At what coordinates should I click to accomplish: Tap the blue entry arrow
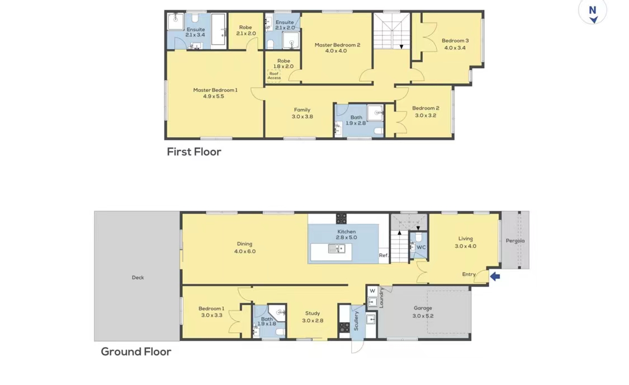(495, 276)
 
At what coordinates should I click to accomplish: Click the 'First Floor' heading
(194, 152)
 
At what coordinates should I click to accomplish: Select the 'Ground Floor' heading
(136, 351)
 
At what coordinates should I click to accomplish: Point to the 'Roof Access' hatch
(274, 76)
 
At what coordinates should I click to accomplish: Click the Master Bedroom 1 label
(215, 90)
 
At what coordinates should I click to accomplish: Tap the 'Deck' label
(138, 278)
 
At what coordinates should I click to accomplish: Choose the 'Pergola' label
(515, 241)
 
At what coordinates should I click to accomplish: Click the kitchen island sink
(337, 250)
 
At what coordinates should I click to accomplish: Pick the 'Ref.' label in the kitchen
(384, 255)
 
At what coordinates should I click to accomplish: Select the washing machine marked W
(372, 291)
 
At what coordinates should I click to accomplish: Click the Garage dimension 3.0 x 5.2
(423, 316)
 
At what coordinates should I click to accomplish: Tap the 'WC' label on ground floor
(421, 247)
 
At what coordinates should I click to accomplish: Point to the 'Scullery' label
(356, 321)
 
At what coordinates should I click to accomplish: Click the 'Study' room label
(313, 313)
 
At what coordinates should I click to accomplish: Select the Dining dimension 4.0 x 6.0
(245, 251)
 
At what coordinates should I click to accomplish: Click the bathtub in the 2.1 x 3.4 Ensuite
(219, 29)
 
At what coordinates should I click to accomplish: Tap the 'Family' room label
(302, 110)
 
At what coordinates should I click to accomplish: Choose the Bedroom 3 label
(455, 40)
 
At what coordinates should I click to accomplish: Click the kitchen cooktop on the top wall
(342, 218)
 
